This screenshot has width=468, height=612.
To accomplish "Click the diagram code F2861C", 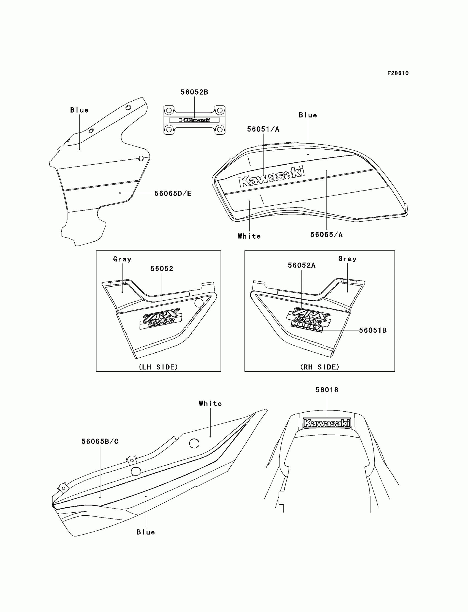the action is (398, 73).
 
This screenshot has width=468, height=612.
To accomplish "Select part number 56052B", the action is (194, 92).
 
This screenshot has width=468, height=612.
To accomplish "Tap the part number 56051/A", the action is (263, 129).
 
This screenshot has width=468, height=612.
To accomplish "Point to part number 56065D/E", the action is (173, 194).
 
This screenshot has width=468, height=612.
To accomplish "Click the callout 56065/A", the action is (326, 235).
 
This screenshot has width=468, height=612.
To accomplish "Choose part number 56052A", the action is (301, 265).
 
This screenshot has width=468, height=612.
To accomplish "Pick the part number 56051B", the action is (373, 330).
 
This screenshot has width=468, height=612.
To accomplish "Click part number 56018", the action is (327, 390).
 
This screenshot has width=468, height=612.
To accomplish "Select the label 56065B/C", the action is (100, 442).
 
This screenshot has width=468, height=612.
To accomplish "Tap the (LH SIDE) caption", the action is (158, 367).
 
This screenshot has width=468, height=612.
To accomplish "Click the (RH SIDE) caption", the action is (320, 367).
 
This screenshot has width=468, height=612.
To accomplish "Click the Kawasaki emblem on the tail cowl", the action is (326, 423).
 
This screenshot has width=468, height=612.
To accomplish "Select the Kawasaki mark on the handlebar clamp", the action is (194, 120).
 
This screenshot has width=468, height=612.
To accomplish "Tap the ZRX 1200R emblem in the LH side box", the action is (161, 319).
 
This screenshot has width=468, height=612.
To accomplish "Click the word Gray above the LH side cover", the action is (122, 259).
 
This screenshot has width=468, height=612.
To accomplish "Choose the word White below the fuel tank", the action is (249, 236).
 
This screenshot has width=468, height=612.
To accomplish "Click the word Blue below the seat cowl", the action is (145, 532).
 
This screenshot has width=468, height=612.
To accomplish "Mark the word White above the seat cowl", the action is (210, 404).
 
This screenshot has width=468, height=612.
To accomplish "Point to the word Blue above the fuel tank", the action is (308, 115).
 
